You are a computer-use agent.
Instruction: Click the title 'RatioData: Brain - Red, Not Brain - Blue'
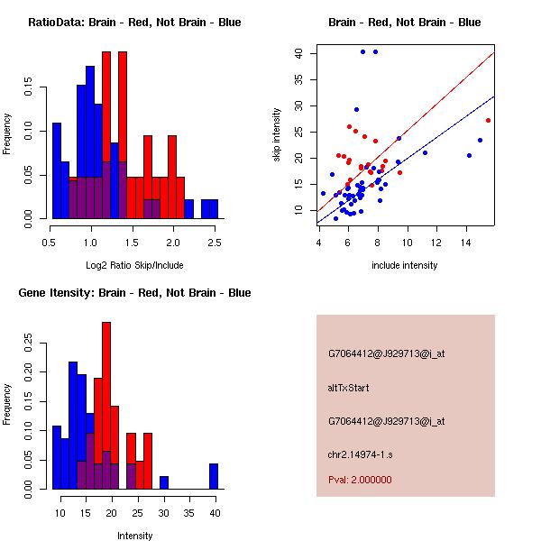(134, 22)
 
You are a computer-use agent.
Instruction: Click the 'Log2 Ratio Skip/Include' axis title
(134, 265)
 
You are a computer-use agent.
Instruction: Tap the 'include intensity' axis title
(405, 265)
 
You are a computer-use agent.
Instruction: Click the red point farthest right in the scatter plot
(488, 120)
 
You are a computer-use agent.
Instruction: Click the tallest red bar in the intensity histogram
(106, 406)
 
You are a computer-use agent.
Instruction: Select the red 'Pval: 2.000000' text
(360, 480)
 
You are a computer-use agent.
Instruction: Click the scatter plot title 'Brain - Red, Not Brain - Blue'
(405, 22)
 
